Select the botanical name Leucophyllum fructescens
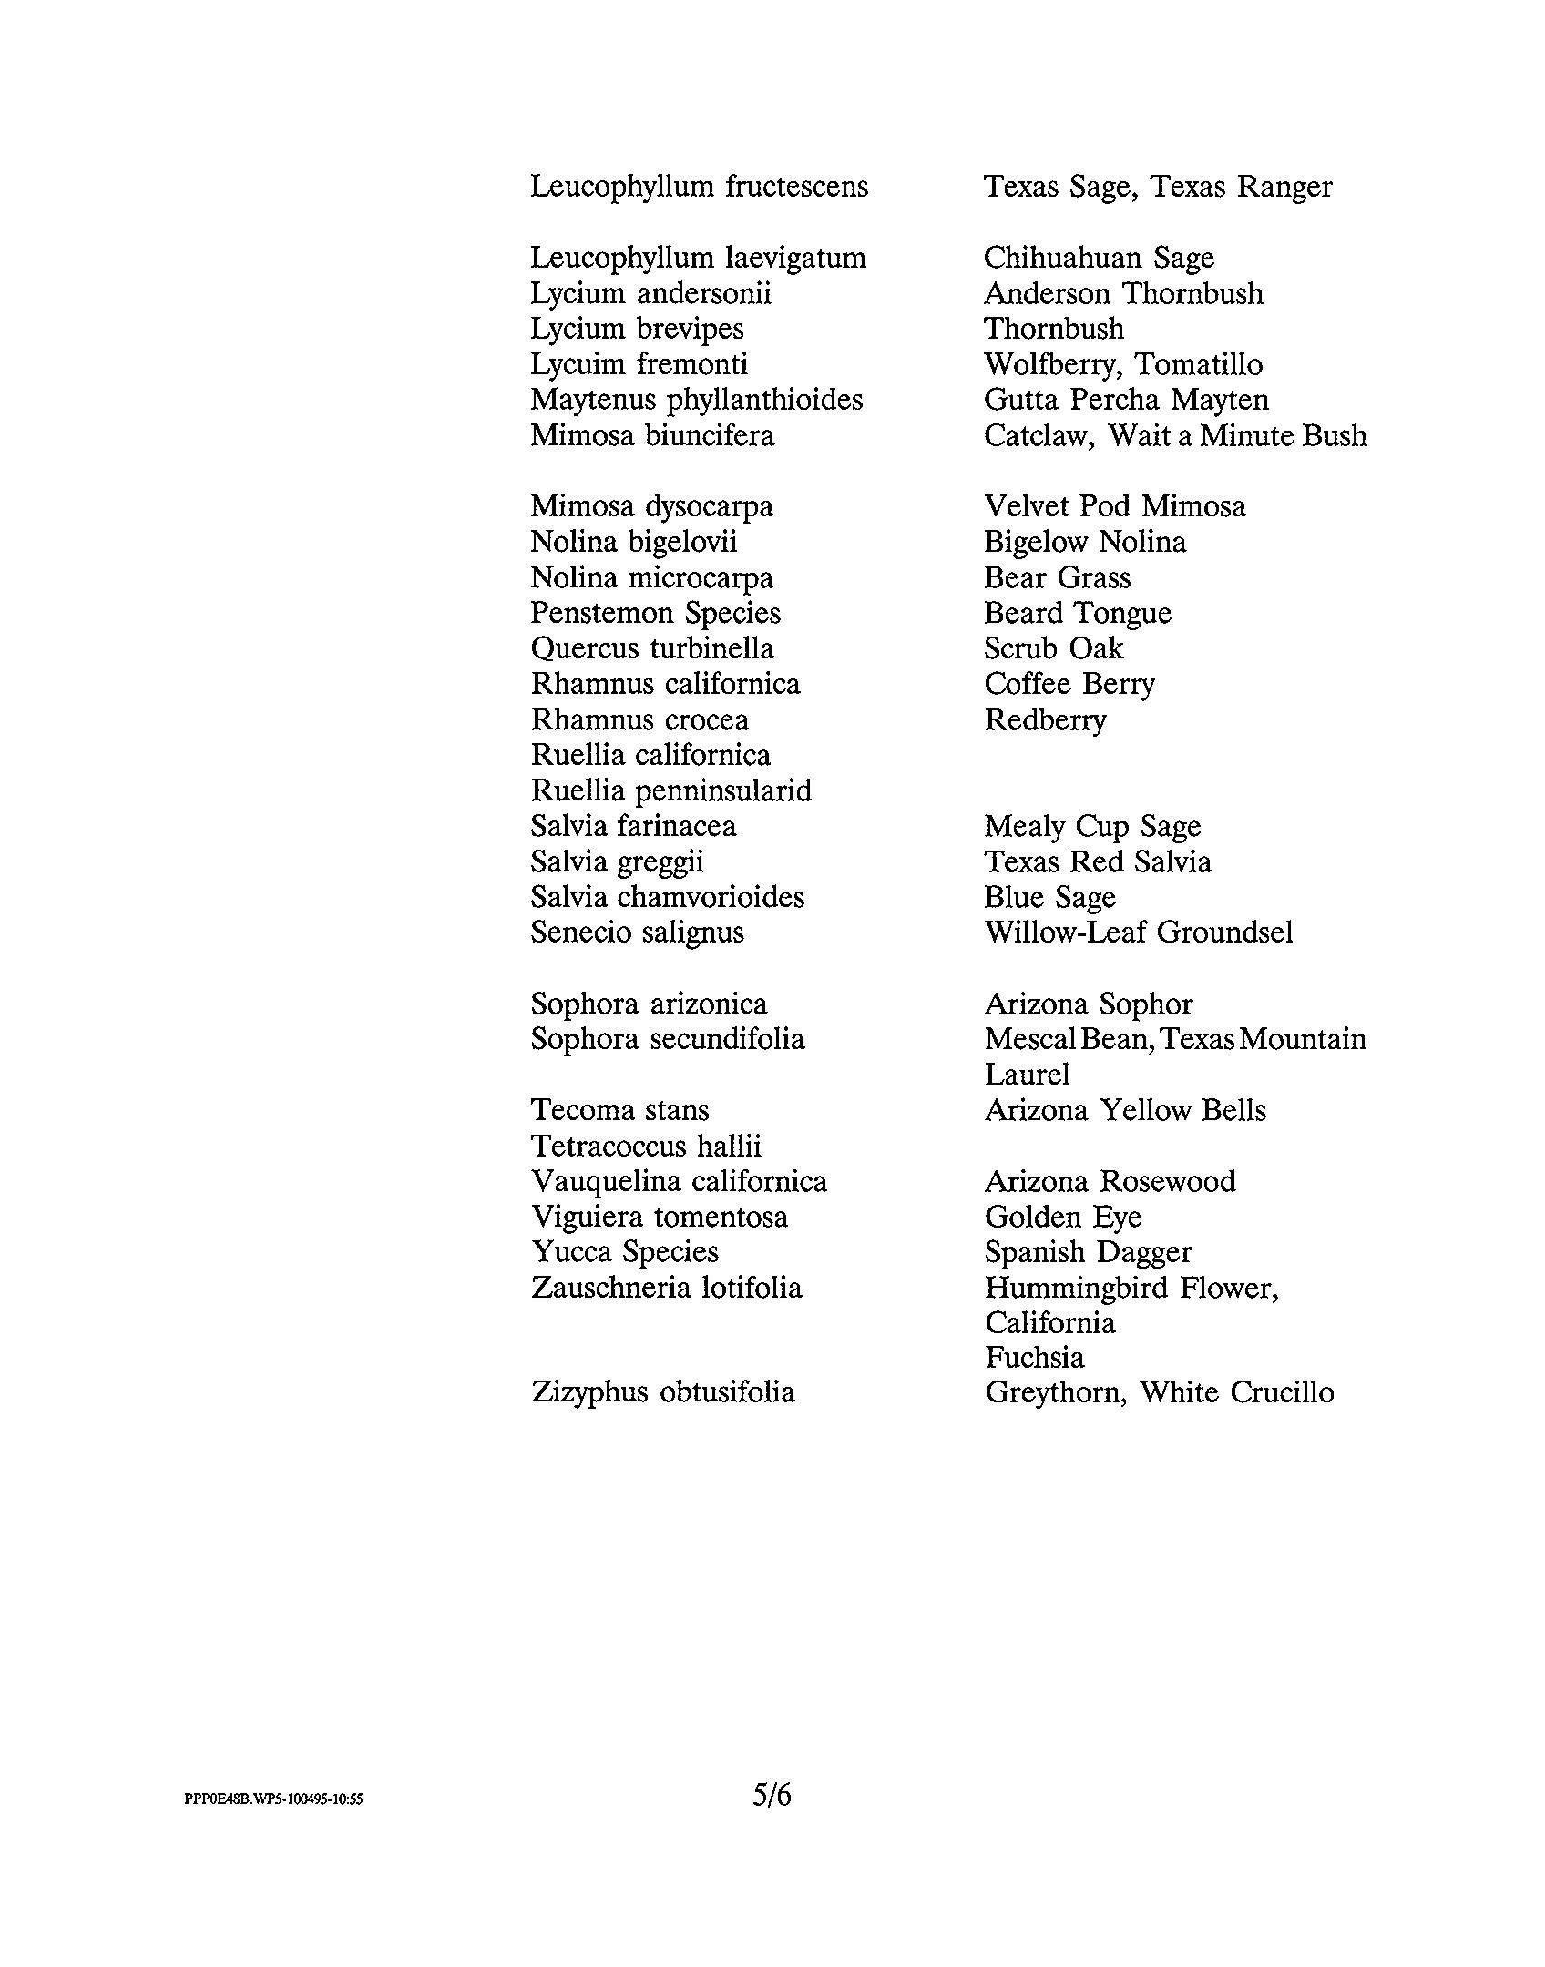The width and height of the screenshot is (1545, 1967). coord(699,187)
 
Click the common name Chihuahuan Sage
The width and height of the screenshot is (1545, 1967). coord(1099,258)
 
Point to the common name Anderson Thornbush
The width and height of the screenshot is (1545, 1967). coord(1123,293)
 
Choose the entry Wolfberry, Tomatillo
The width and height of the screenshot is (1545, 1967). coord(1122,364)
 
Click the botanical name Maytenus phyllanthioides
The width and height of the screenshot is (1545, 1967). coord(696,400)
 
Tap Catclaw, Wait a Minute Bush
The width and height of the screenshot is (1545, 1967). coord(1174,435)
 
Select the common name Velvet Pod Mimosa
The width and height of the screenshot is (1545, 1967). coord(1114,506)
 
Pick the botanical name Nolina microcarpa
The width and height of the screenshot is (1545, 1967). coord(651,577)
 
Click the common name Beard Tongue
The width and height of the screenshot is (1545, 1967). coord(1077,613)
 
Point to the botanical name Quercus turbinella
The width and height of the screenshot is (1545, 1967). coord(651,648)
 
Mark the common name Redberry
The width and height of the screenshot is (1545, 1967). coord(1045,720)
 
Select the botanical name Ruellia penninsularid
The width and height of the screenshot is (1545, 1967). coord(670,790)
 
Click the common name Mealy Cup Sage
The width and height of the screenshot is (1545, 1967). coord(1092,826)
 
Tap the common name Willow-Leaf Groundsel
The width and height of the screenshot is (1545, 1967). coord(1138,933)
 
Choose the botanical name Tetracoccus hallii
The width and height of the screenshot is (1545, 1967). coord(645,1146)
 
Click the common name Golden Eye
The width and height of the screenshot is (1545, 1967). coord(1062,1217)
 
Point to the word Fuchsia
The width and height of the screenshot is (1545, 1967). coord(1034,1358)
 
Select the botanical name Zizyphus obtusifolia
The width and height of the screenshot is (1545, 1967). coord(662,1392)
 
